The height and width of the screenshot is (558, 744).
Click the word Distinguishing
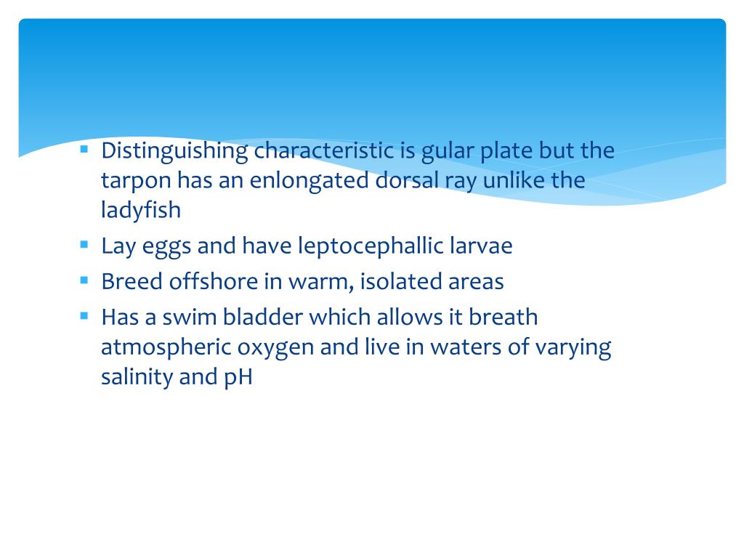(x=174, y=152)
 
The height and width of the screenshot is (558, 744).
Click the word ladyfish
(x=141, y=210)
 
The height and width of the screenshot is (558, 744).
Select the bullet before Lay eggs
(x=84, y=244)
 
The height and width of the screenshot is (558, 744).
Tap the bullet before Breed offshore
(x=84, y=280)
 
